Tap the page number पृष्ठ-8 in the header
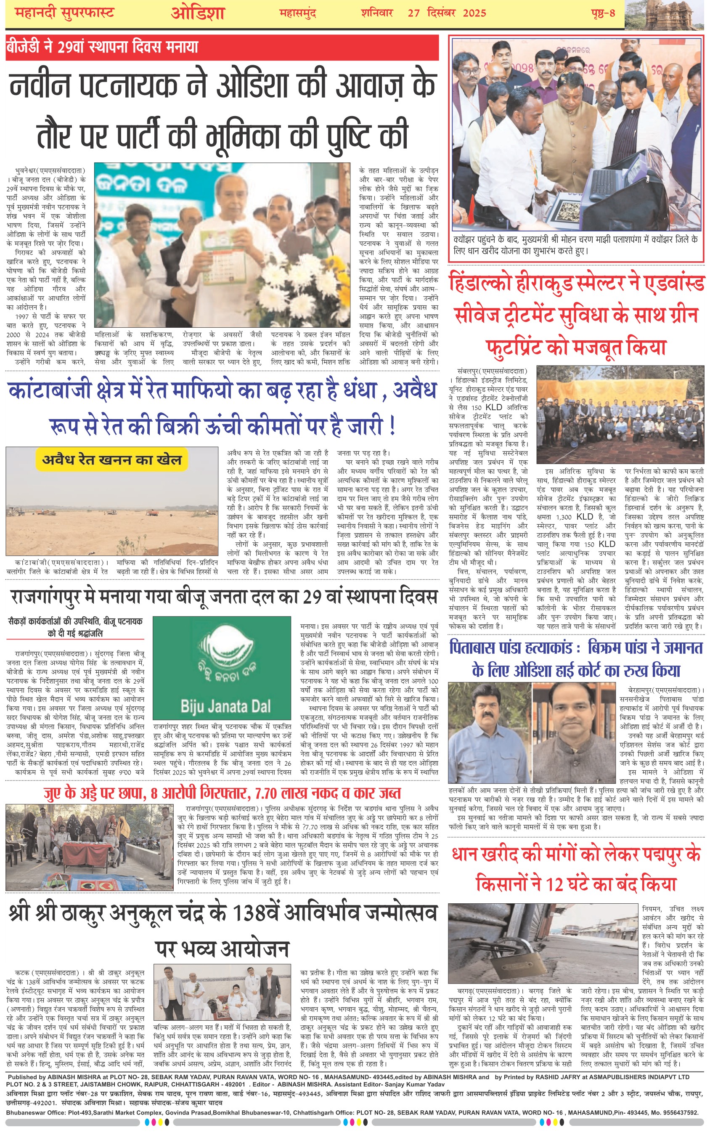pyautogui.click(x=603, y=13)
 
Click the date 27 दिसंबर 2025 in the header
pyautogui.click(x=447, y=13)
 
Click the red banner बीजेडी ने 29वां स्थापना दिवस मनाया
pyautogui.click(x=102, y=47)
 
